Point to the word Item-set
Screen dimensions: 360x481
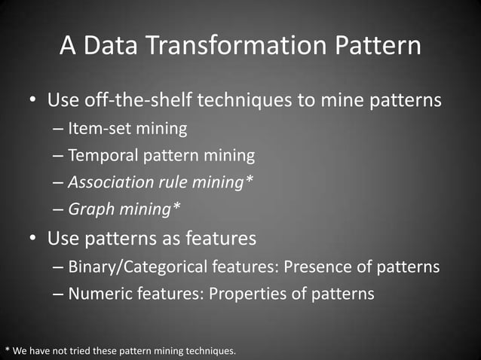point(100,129)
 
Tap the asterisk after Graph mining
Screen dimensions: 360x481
point(176,209)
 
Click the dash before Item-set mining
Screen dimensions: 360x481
point(59,129)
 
